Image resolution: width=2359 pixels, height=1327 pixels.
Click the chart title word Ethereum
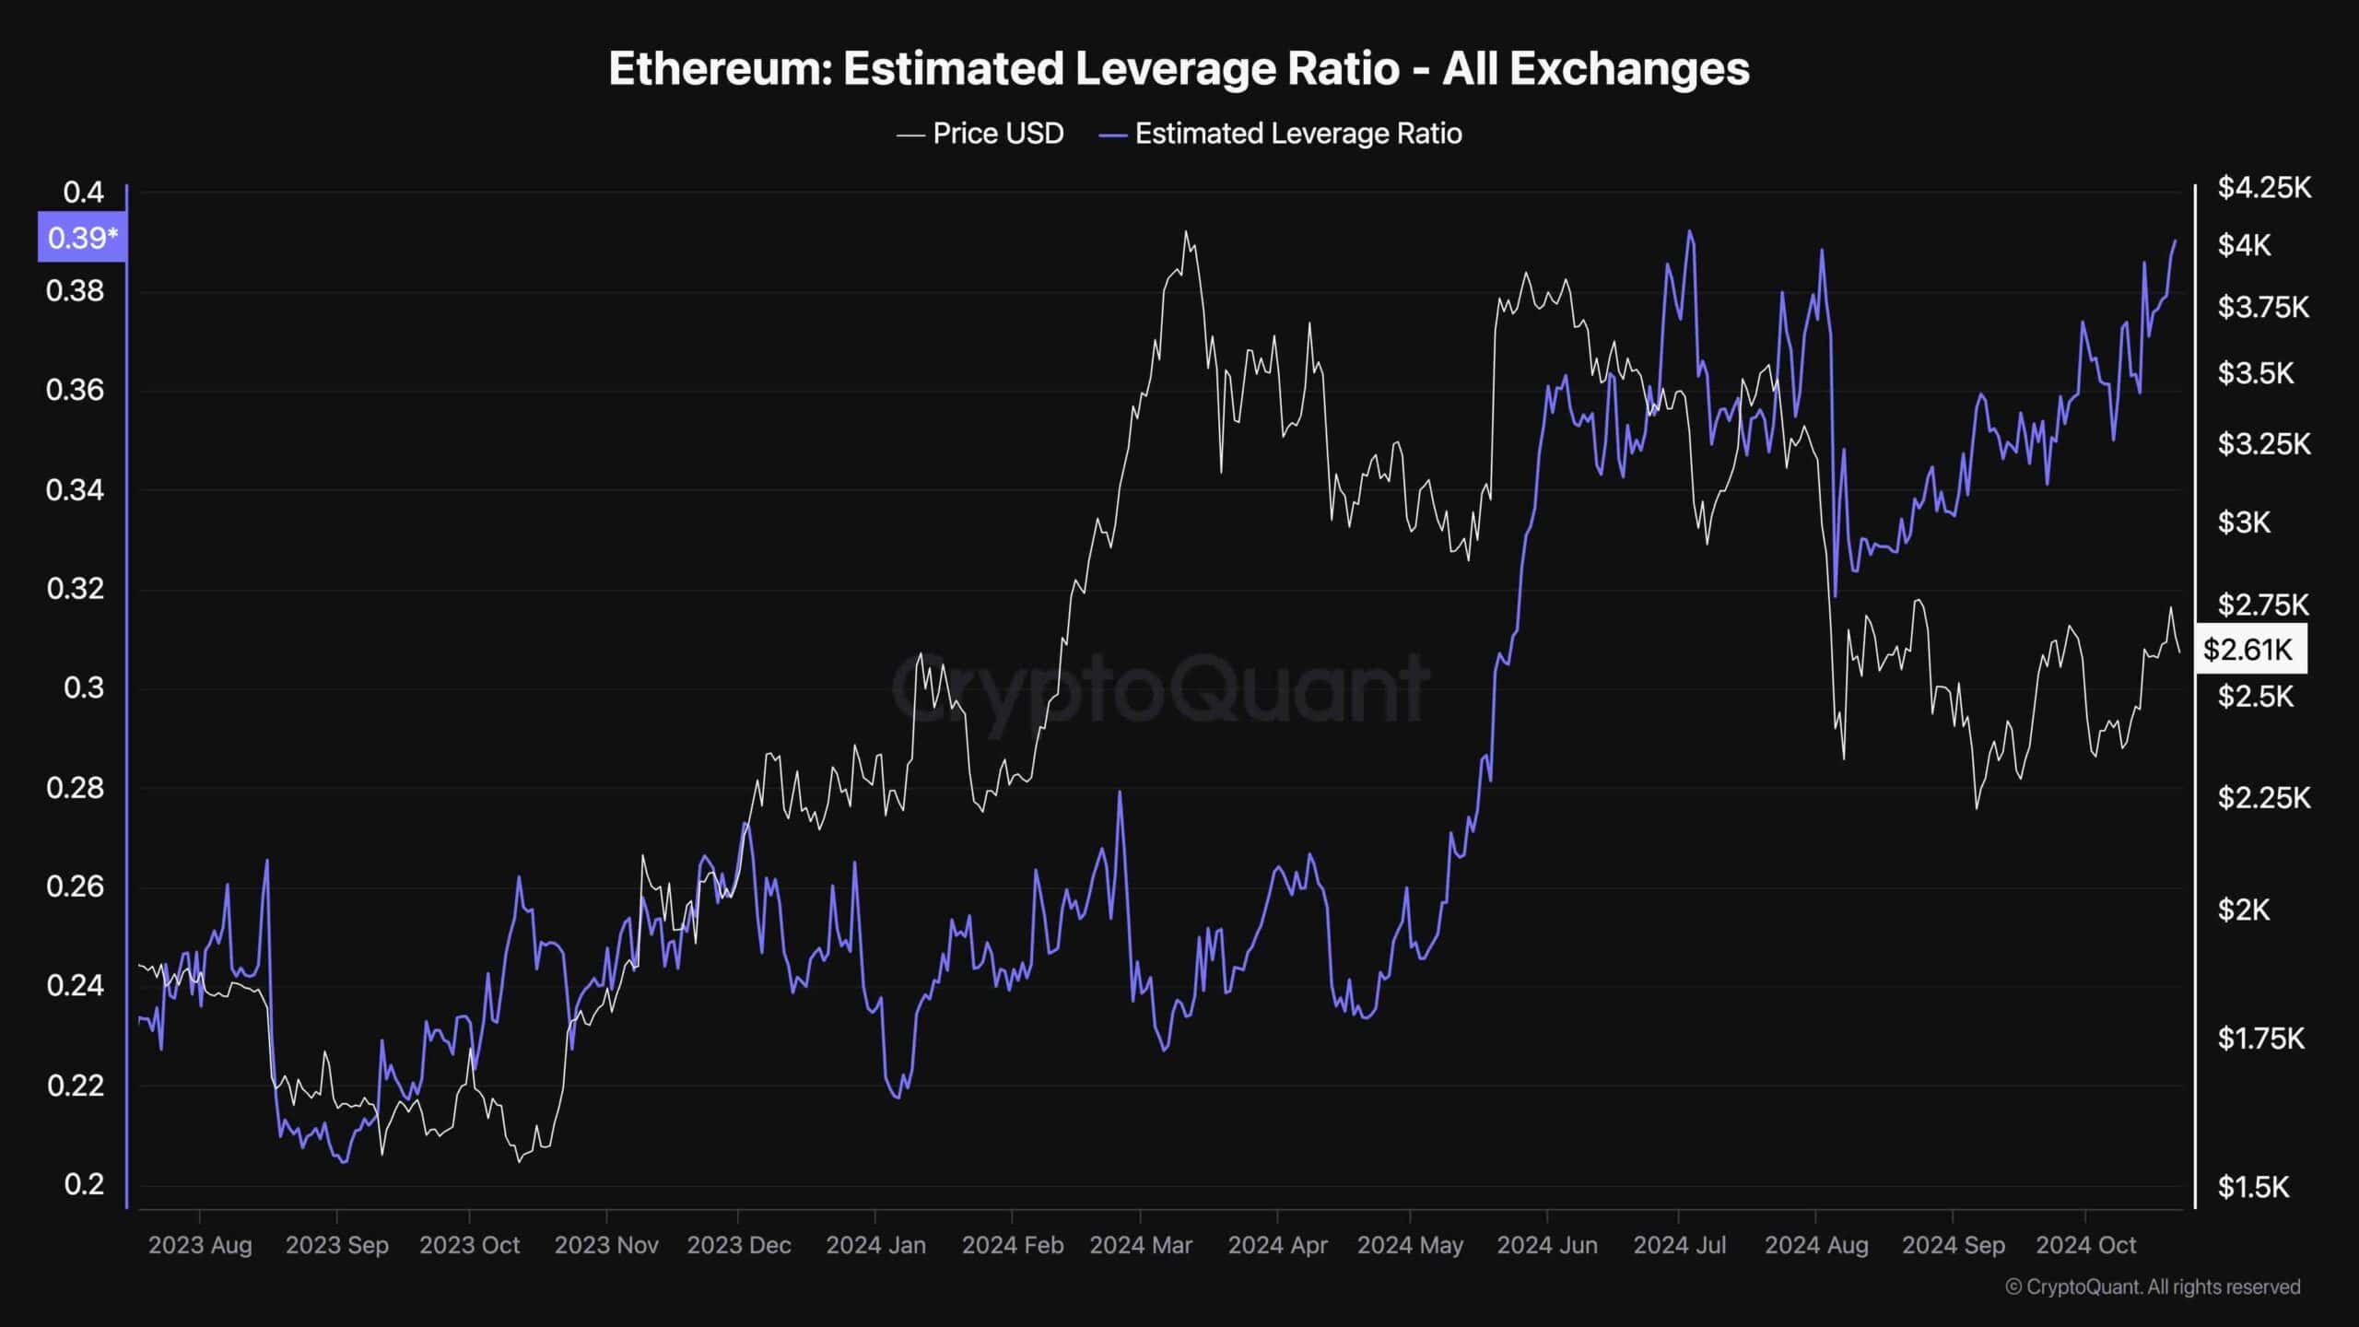(x=719, y=69)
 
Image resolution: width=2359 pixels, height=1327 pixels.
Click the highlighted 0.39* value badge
(x=82, y=239)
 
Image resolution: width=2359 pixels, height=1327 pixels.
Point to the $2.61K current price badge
(x=2248, y=650)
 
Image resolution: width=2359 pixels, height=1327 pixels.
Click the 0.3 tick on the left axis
(x=83, y=687)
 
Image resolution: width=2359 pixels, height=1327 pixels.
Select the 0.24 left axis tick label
(x=76, y=986)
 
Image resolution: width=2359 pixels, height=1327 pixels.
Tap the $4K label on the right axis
(x=2245, y=245)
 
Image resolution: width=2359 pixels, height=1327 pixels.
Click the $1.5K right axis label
(x=2253, y=1187)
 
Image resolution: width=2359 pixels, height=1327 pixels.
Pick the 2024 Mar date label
(x=1141, y=1245)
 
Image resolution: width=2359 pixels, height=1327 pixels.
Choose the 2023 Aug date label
(x=200, y=1245)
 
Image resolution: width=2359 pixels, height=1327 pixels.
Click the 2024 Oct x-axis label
(x=2085, y=1245)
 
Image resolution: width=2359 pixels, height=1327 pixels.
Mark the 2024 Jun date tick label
(x=1547, y=1245)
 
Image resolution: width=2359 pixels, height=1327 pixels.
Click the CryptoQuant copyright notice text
(x=2153, y=1286)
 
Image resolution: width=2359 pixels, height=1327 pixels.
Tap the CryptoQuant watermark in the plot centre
(x=1161, y=687)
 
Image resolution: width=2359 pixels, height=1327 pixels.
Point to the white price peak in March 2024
(x=1186, y=232)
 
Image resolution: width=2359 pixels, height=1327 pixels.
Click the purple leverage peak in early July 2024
(x=1689, y=231)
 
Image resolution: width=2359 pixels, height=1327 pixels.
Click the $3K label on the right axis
(x=2245, y=523)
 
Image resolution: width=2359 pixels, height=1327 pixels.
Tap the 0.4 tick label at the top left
(x=83, y=193)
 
